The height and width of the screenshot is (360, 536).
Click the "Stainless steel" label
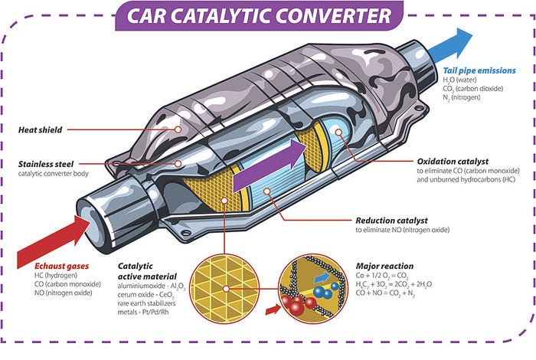50,164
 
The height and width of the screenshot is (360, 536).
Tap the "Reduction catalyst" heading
392,220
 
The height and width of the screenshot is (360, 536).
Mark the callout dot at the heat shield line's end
178,129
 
